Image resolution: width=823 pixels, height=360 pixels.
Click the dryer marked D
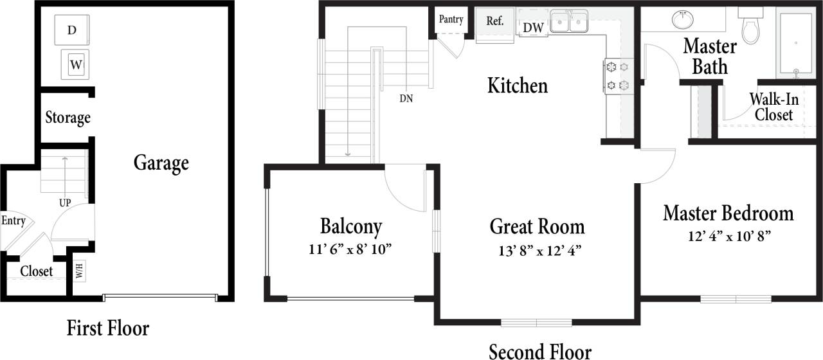(x=72, y=30)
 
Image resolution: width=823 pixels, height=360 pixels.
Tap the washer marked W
(x=75, y=64)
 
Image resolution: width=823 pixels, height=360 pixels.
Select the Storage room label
(x=68, y=118)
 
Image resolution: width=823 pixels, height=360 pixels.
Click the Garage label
(x=161, y=163)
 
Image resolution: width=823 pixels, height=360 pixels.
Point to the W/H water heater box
(x=79, y=270)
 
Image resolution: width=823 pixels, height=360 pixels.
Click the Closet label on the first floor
(x=36, y=271)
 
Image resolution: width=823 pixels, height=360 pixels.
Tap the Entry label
(x=13, y=221)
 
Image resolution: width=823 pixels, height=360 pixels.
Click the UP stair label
(x=65, y=203)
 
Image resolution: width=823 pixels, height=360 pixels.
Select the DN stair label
(x=406, y=99)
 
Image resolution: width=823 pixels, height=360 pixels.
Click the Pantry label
(x=451, y=19)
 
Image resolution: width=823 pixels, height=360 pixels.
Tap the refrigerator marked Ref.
(x=494, y=21)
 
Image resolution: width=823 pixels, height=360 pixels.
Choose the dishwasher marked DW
(x=534, y=28)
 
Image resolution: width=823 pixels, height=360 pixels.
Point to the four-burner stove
(x=618, y=75)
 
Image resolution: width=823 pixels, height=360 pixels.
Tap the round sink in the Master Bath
(x=682, y=20)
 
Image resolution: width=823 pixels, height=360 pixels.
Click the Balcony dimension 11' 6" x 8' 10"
(x=350, y=249)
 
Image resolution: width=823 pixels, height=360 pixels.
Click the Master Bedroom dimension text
(x=728, y=235)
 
